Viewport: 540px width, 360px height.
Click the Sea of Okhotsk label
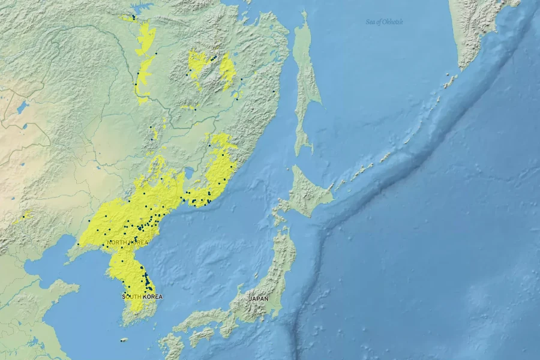(x=385, y=22)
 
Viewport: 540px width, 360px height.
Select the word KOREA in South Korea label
(x=152, y=296)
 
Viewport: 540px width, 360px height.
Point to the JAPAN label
(x=259, y=298)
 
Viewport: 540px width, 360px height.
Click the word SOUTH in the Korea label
(x=131, y=296)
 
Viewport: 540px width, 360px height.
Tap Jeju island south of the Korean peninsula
(x=124, y=340)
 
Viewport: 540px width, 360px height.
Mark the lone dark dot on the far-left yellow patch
(x=24, y=215)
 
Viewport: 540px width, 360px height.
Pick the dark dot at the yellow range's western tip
(x=78, y=244)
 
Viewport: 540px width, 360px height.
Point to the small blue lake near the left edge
(x=23, y=107)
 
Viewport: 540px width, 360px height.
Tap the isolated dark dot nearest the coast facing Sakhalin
(x=274, y=91)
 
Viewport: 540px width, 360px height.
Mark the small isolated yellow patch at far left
(x=22, y=218)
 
